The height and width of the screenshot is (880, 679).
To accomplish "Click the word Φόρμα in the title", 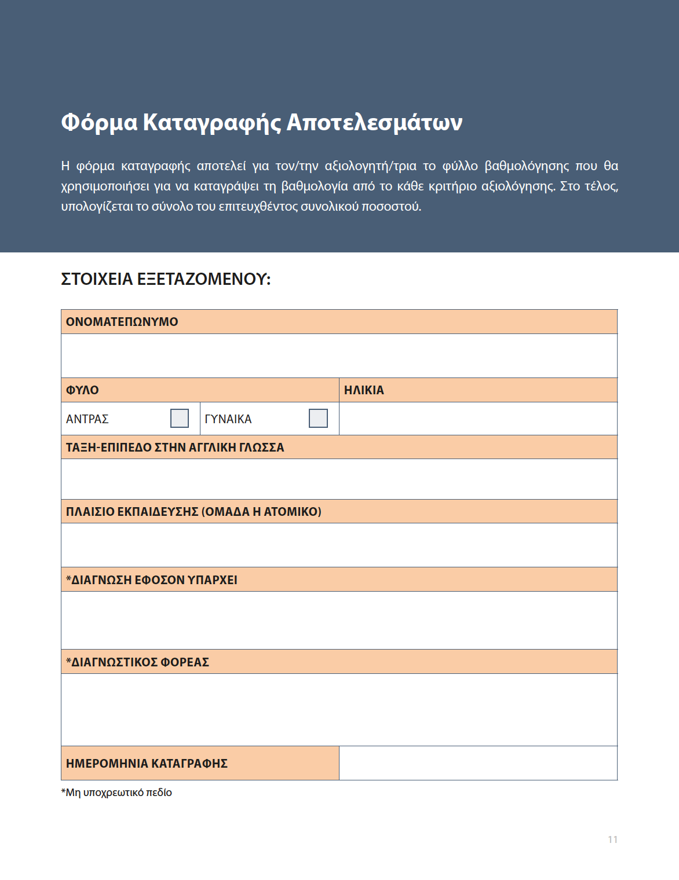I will click(99, 123).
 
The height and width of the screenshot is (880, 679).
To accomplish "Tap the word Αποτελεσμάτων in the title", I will click(374, 123).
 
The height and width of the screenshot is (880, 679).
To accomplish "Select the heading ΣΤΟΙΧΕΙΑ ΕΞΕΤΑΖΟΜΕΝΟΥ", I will click(166, 279).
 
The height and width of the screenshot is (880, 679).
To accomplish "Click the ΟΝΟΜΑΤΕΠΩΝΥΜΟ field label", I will click(122, 322).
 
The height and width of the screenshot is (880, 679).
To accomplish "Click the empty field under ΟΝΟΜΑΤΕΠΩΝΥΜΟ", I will click(339, 355).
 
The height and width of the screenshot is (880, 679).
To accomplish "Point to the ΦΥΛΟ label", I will click(82, 390).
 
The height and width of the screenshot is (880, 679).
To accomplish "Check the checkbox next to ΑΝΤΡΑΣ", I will click(180, 418).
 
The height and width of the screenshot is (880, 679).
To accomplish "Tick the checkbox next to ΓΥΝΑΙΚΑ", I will click(318, 418).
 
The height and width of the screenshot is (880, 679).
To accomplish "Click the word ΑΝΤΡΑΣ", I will click(87, 419).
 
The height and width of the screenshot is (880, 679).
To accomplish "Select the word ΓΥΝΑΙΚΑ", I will click(228, 419).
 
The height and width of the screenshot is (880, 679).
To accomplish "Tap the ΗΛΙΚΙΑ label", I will click(364, 390).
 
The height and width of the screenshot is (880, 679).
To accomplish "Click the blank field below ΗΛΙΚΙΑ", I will click(478, 419).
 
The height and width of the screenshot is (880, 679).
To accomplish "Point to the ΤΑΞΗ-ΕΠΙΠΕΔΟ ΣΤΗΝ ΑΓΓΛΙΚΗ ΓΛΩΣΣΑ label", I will click(175, 448).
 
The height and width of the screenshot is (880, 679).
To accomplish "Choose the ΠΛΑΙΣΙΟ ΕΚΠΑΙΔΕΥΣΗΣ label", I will click(194, 512).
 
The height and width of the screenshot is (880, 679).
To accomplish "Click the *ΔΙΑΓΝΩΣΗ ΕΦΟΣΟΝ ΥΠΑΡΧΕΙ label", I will click(152, 580).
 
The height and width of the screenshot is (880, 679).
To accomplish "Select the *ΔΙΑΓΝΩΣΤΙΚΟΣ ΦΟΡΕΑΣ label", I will click(137, 662).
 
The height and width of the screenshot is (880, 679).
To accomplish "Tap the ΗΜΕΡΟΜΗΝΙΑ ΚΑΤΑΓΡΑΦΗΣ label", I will click(147, 764).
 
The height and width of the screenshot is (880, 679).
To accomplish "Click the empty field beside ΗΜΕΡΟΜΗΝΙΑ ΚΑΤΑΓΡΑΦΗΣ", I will click(478, 763).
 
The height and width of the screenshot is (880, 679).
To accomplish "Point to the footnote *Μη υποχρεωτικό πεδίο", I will click(116, 793).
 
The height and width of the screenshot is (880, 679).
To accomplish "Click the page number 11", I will click(612, 839).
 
